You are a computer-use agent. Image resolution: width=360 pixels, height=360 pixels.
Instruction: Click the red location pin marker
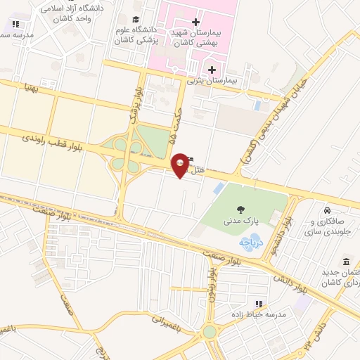pos(181,165)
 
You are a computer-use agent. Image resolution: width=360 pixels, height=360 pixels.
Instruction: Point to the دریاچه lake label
pos(250,243)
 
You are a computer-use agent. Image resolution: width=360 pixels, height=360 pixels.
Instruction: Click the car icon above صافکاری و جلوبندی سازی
pos(327,210)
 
